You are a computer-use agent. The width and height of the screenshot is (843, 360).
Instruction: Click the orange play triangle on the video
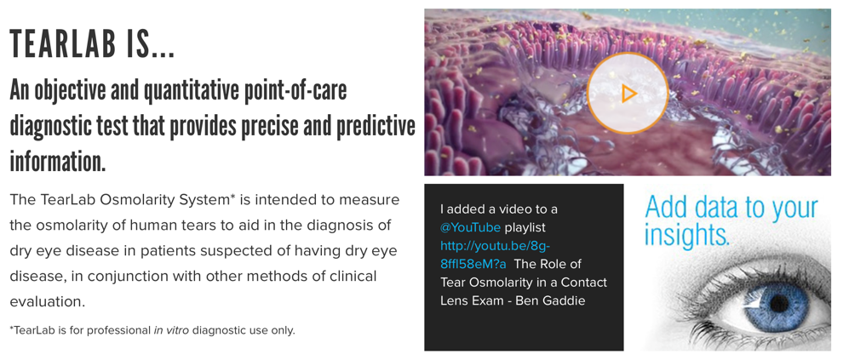pos(629,94)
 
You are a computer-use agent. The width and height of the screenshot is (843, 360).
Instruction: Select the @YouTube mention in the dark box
pos(470,227)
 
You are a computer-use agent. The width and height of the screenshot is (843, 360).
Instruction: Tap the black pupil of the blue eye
pos(779,303)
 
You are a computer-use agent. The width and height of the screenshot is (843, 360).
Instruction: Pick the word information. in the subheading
pos(58,161)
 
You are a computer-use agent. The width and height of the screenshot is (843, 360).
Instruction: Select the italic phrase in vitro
pos(171,330)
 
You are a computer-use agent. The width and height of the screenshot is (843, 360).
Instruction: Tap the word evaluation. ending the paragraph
pos(48,301)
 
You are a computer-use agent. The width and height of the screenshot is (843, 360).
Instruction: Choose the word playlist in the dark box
pos(525,228)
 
